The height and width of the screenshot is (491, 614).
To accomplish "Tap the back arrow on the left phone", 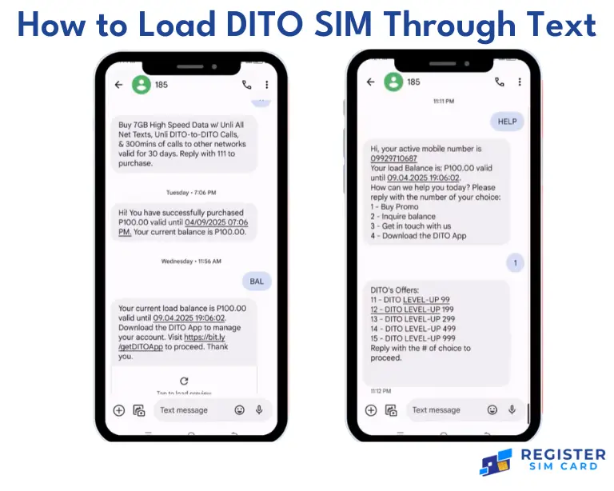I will point(118,85).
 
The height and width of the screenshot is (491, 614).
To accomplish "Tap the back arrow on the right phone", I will point(370,82).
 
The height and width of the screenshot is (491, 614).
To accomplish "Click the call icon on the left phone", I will point(247,85).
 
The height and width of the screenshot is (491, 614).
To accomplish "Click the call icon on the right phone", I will point(500,82).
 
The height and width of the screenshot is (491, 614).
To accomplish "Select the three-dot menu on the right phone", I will point(519,82).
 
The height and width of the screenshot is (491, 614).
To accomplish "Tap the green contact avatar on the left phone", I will point(141,85).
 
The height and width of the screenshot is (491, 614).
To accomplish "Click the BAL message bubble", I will point(257,281).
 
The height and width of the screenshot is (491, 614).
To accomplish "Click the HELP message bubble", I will point(508,122).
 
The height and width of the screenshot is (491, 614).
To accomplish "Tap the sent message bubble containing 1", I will point(516,262).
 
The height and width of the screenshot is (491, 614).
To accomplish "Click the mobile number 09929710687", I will point(393,158).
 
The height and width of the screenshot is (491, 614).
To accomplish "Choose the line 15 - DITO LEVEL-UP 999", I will point(413,338).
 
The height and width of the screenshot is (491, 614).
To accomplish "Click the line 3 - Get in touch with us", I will point(411,226).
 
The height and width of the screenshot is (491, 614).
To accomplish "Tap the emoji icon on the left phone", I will point(240,410).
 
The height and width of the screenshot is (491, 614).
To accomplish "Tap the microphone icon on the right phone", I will point(512,410).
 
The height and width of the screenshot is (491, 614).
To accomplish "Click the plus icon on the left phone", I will point(118,410).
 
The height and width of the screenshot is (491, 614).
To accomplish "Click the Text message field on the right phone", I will point(436,410).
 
